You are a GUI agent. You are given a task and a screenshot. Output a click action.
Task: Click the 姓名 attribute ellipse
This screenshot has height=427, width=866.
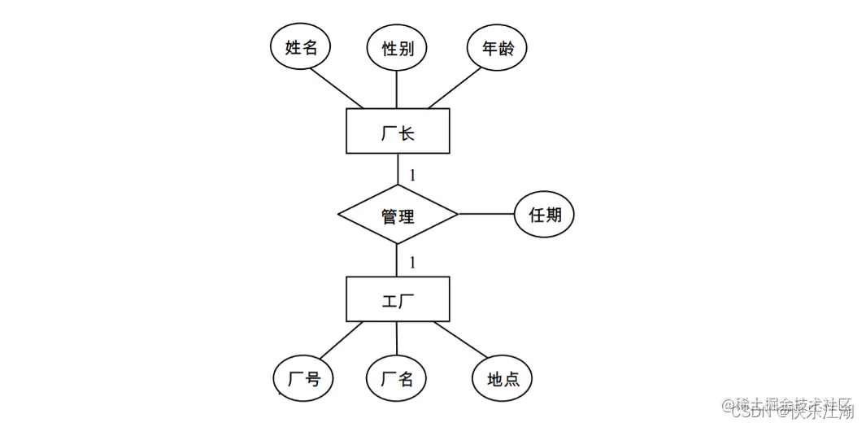[x=301, y=48]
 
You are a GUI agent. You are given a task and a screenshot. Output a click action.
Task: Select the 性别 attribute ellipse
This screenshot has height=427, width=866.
[x=398, y=48]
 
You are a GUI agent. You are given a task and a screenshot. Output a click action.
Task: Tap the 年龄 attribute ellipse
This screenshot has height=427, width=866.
[x=497, y=48]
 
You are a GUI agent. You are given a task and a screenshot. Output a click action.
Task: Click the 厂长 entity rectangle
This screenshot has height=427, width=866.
[x=398, y=132]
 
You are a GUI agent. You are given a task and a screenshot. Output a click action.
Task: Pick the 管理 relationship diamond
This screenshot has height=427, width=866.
[x=398, y=216]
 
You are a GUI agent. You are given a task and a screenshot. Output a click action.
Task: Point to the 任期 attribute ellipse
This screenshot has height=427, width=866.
[x=544, y=215]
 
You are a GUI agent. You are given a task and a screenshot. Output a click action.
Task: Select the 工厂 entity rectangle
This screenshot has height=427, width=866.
[x=398, y=299]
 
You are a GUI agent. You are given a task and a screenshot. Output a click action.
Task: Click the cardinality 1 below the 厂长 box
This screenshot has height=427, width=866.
[x=413, y=175]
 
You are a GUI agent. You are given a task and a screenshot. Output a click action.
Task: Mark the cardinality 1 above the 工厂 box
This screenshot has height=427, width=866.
[x=413, y=262]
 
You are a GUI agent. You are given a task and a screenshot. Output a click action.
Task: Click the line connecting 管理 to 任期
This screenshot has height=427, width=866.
[x=485, y=215]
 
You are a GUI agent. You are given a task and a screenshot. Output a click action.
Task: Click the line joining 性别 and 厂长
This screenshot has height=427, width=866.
[x=398, y=89]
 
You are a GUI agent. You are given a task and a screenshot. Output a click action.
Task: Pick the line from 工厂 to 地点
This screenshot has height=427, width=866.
[x=461, y=341]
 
